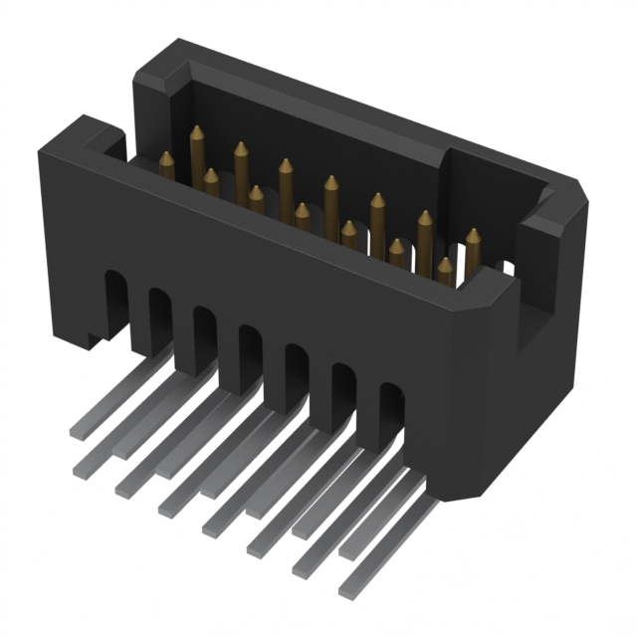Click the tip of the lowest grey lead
point(346,592)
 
